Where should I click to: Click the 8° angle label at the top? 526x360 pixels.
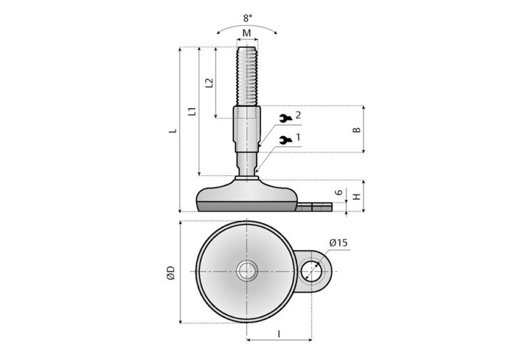click(x=247, y=19)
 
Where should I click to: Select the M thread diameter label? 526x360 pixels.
click(x=247, y=33)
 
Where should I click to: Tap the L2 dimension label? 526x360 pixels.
click(x=209, y=83)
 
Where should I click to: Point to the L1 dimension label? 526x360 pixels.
click(x=191, y=111)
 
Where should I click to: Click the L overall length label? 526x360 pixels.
click(x=172, y=130)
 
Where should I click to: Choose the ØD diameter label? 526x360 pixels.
click(x=170, y=272)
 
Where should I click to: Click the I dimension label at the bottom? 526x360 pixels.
click(x=279, y=334)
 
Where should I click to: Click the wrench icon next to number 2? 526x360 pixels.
click(x=285, y=118)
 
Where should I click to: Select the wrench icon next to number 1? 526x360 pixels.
click(x=285, y=139)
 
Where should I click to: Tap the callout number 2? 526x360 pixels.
click(x=298, y=116)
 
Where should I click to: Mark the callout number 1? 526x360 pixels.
click(x=298, y=137)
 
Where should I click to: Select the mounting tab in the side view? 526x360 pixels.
click(x=313, y=208)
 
